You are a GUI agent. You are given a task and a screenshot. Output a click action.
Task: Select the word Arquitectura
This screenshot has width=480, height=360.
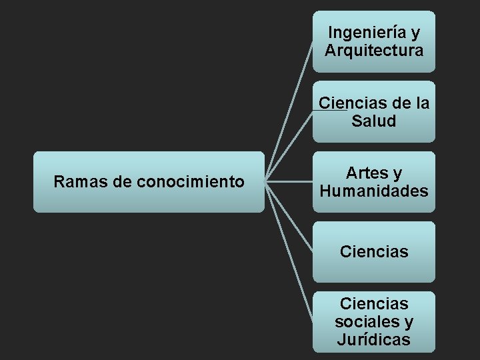point(374,50)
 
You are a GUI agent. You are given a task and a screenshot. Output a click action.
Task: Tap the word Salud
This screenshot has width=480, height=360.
point(374,121)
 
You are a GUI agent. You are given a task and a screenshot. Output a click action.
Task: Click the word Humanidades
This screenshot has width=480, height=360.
point(374,191)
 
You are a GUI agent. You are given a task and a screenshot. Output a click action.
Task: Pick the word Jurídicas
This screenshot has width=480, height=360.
point(374,340)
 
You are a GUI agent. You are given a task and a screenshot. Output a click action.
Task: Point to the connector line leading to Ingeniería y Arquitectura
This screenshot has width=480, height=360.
point(290,110)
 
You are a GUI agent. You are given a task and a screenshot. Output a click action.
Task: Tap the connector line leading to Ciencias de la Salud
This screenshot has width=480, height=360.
point(290,145)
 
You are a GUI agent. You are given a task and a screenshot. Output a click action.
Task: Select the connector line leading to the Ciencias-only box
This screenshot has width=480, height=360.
point(289,217)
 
